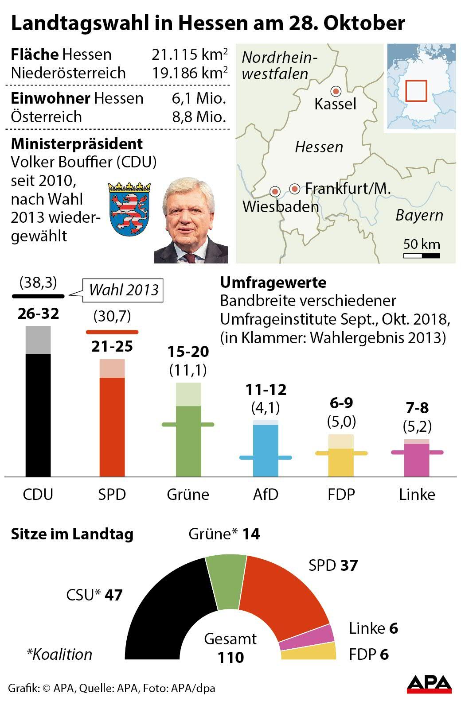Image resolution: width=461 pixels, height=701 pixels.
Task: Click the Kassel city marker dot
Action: click(336, 91)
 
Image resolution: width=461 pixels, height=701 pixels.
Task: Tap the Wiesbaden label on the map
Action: click(281, 206)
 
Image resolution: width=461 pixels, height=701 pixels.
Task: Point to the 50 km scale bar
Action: click(421, 256)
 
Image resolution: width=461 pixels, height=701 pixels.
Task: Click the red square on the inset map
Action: click(416, 90)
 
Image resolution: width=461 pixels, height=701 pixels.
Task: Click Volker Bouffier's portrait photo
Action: click(191, 221)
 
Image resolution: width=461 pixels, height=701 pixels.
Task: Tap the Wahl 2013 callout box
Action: click(124, 290)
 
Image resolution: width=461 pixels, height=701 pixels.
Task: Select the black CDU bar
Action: click(38, 414)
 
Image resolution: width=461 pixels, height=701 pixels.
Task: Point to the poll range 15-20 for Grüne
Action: click(188, 352)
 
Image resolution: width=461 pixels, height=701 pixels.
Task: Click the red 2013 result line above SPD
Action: click(112, 332)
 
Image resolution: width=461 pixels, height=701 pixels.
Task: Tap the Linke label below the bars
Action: click(417, 494)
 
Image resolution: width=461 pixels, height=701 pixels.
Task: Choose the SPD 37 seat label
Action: click(333, 565)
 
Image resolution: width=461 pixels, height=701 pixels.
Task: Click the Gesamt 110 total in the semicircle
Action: click(230, 648)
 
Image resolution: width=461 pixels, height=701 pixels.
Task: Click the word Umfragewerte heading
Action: click(273, 282)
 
